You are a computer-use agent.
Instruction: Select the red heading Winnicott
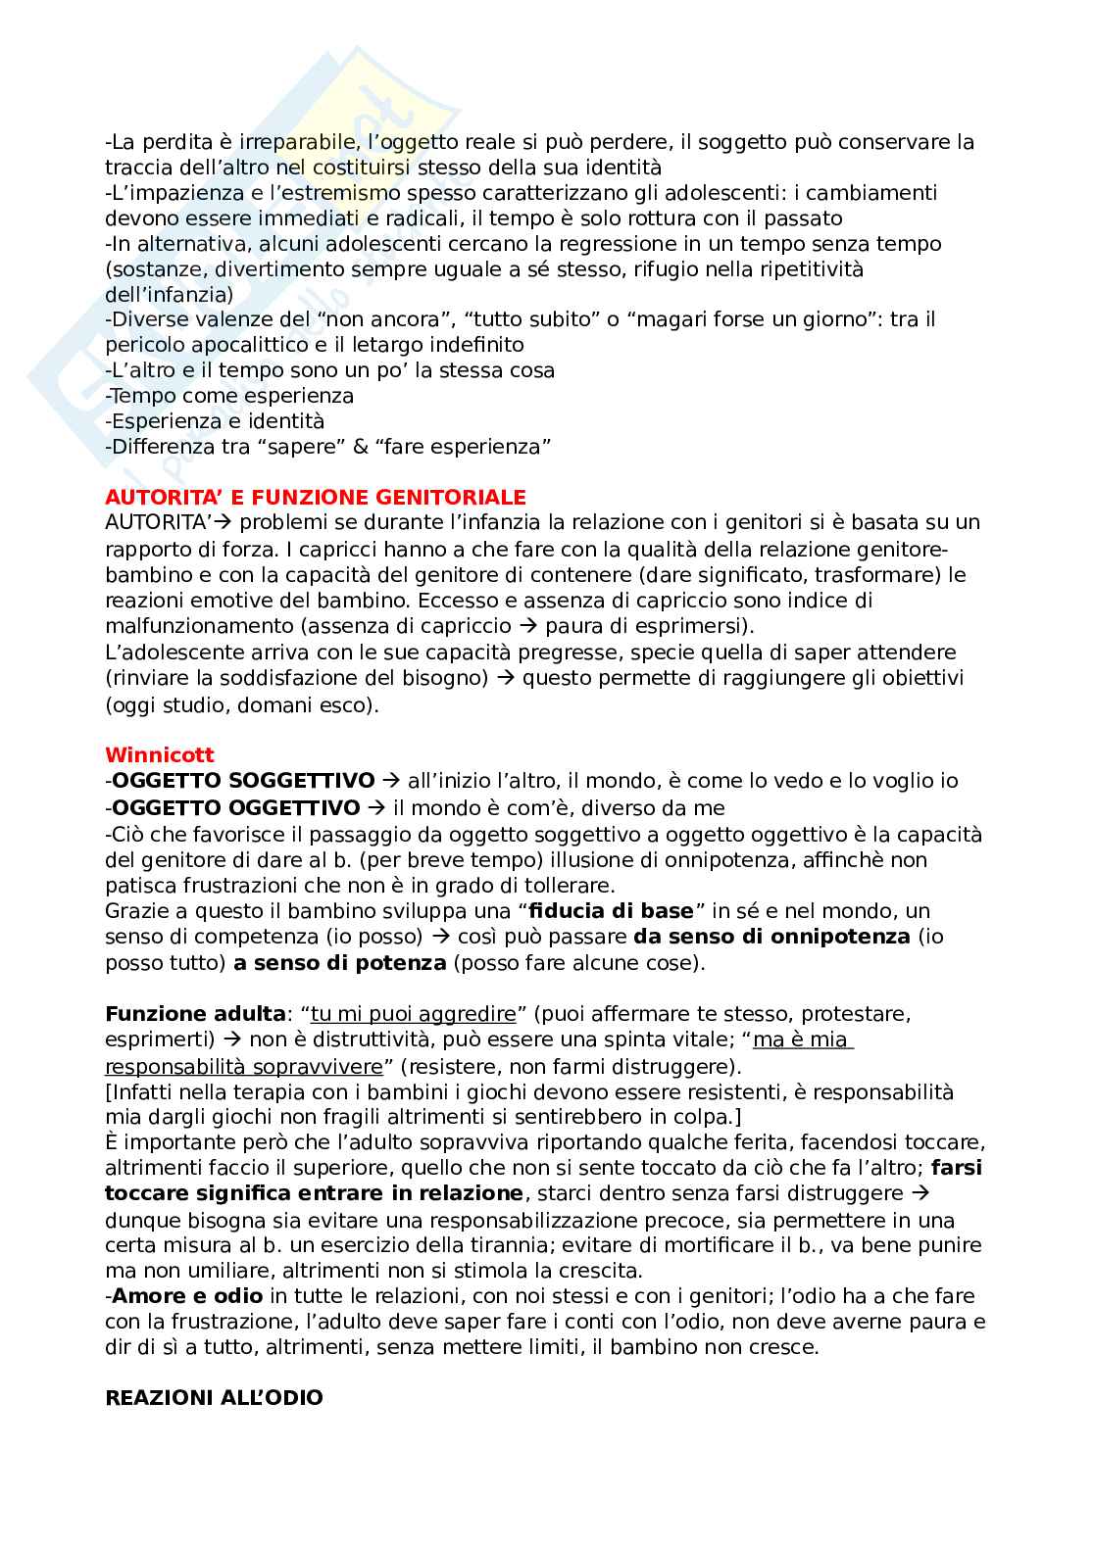click(x=159, y=754)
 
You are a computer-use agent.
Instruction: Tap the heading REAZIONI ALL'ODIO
click(x=214, y=1397)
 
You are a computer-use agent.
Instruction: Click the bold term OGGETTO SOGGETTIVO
click(x=243, y=781)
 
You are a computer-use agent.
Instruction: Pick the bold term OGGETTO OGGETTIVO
click(x=236, y=807)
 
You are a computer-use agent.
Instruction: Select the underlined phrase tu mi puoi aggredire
click(x=413, y=1013)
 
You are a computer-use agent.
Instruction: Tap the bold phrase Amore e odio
click(x=186, y=1296)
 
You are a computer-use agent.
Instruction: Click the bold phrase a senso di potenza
click(x=339, y=962)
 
